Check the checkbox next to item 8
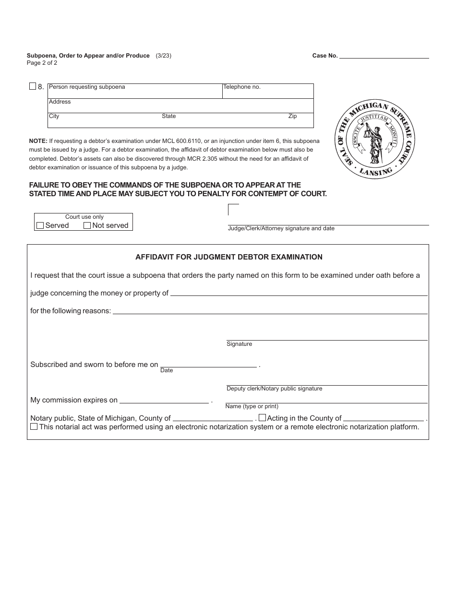pos(33,86)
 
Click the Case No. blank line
pos(384,56)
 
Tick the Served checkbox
pos(40,225)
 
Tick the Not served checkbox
pos(87,225)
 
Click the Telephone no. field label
pos(242,87)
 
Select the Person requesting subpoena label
pos(87,87)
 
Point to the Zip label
pos(292,116)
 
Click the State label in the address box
pos(169,116)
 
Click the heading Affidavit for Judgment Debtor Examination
pos(229,257)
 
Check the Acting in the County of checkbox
pos(262,418)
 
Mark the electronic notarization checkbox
pos(34,426)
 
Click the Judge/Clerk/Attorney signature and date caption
pos(281,228)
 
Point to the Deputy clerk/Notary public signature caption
pos(274,389)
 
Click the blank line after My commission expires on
pos(164,400)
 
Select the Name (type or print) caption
pos(252,406)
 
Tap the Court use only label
pos(84,217)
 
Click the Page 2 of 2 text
pos(42,63)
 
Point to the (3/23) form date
pos(163,56)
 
